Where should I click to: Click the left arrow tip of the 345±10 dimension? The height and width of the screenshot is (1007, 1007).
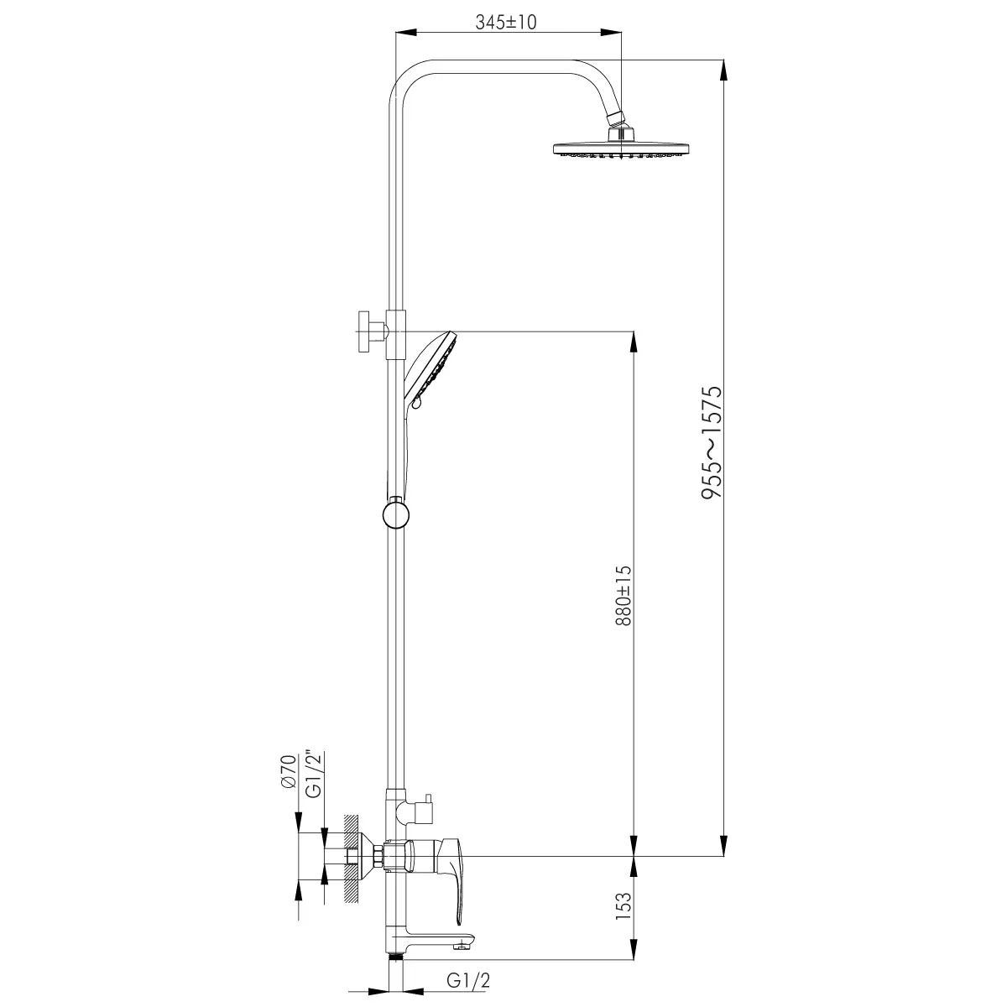point(395,33)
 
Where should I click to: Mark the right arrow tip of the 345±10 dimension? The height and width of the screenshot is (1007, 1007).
point(622,33)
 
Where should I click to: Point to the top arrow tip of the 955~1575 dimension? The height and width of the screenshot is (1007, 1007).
point(723,60)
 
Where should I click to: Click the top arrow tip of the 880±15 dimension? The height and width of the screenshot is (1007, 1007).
point(634,331)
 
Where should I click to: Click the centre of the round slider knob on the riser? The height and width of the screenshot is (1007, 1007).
point(395,514)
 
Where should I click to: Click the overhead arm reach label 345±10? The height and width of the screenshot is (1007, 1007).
point(506,22)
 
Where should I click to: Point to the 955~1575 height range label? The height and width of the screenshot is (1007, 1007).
point(712,442)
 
